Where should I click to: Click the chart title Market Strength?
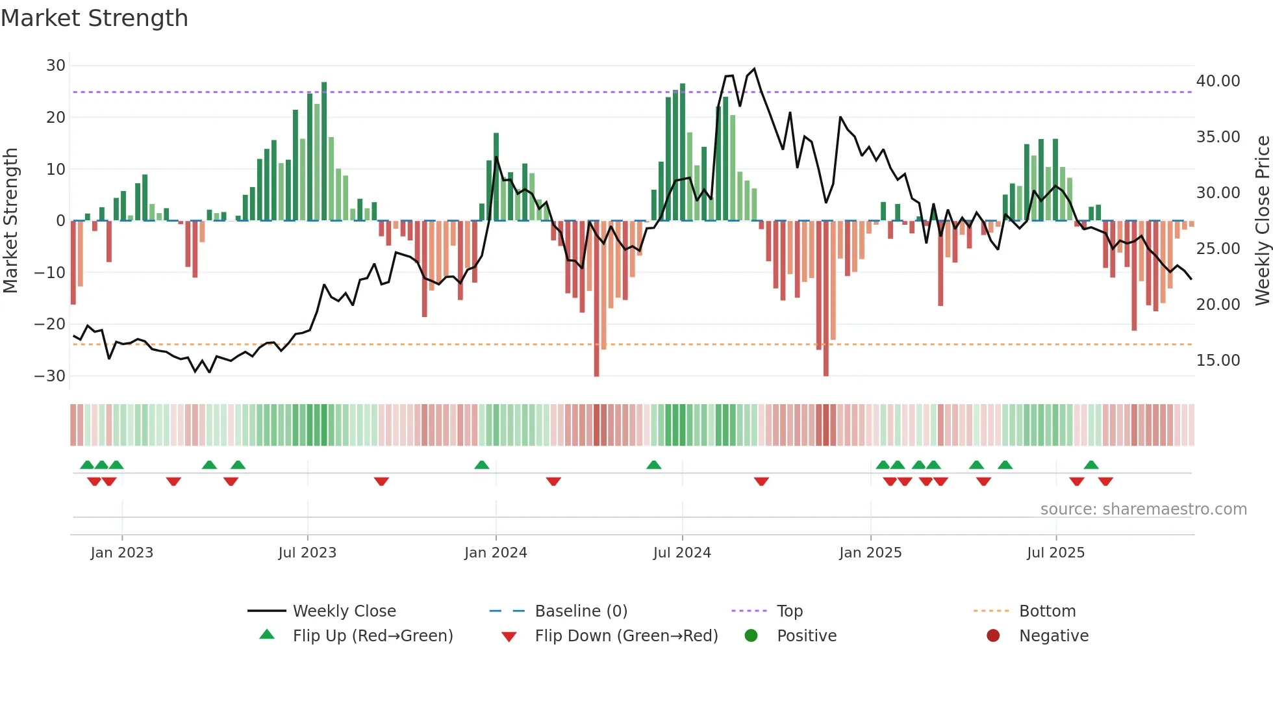click(x=94, y=18)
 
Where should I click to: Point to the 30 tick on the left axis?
click(x=56, y=66)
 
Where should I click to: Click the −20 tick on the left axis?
click(x=50, y=324)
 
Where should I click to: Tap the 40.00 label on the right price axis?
click(x=1218, y=81)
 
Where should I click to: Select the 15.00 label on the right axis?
click(x=1218, y=361)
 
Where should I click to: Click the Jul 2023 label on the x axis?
click(x=307, y=553)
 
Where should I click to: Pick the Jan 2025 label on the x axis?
click(x=870, y=553)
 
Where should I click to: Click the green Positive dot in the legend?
click(x=751, y=636)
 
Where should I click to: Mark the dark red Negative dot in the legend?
click(x=993, y=636)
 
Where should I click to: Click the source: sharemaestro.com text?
click(x=1143, y=509)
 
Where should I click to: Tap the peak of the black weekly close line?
click(x=754, y=69)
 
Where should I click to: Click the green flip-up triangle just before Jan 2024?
click(x=481, y=465)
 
